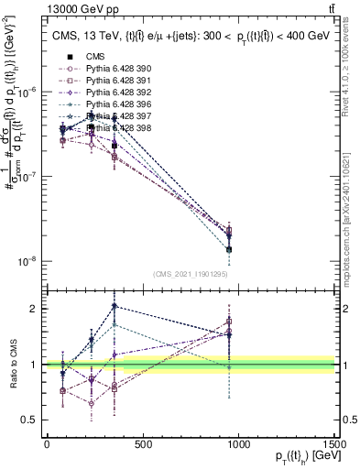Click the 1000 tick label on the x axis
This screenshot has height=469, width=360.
tap(239, 444)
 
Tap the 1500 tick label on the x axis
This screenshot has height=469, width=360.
tap(335, 444)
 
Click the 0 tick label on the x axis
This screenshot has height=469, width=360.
tap(47, 444)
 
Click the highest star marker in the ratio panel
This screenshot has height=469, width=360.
tap(114, 306)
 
